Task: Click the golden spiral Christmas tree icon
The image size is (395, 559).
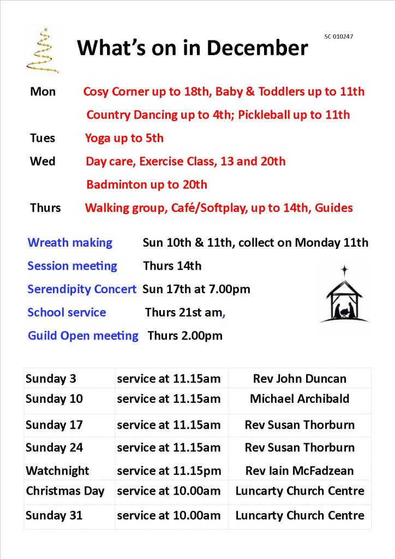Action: (41, 50)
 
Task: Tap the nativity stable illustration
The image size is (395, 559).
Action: (344, 295)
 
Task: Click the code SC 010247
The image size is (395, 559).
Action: (339, 37)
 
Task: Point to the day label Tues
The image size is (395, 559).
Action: (43, 138)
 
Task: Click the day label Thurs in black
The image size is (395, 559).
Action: (45, 208)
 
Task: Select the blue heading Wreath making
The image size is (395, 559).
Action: (70, 242)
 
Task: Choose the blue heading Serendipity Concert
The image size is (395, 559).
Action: (82, 289)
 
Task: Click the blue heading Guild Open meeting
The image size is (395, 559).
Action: (83, 335)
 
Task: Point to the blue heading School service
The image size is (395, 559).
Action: (67, 312)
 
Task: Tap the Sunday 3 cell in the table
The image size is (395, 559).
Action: (51, 379)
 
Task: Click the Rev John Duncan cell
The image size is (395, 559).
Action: (300, 379)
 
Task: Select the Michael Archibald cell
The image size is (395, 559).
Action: (300, 399)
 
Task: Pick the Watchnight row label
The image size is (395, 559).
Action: (57, 471)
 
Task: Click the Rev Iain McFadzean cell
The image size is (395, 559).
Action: (300, 471)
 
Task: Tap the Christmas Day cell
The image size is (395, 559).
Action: (65, 491)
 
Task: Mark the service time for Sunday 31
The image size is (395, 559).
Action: (169, 515)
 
